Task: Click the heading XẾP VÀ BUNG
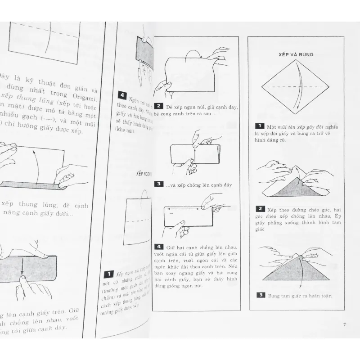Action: (x=296, y=54)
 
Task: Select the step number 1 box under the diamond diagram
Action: (x=259, y=128)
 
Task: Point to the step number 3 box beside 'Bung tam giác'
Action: (x=260, y=295)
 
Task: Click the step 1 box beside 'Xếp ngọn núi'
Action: (x=108, y=274)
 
